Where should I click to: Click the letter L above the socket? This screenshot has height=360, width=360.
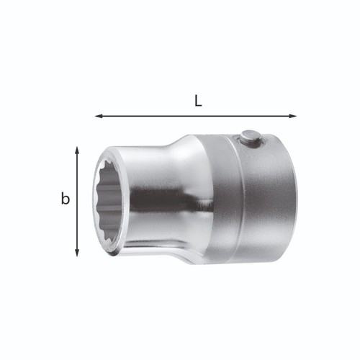click(x=198, y=101)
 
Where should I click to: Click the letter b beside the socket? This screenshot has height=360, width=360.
click(x=65, y=199)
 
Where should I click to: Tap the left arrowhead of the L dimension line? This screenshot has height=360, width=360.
click(x=99, y=116)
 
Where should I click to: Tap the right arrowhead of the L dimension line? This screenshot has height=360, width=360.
click(x=292, y=116)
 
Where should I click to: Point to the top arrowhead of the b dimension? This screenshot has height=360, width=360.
click(x=77, y=150)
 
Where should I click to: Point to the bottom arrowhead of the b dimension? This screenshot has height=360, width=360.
click(x=77, y=253)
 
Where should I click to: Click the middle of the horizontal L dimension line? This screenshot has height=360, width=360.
click(x=196, y=116)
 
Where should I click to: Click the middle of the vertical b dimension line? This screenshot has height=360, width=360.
click(x=77, y=202)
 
